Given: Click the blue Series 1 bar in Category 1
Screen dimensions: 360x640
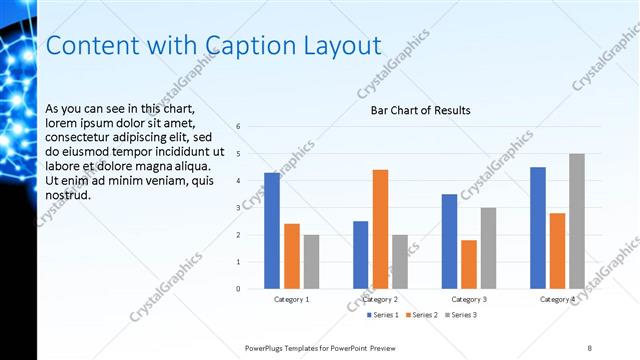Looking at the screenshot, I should click(x=272, y=231).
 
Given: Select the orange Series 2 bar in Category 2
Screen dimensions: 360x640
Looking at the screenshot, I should click(x=380, y=229).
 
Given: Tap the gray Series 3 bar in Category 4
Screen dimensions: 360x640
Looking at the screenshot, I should click(x=577, y=221).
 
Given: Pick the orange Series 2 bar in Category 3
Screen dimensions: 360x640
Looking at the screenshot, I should click(x=469, y=264).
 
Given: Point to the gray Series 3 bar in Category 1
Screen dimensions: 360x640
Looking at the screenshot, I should click(x=311, y=262).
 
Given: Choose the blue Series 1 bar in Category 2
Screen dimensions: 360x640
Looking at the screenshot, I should click(x=360, y=255).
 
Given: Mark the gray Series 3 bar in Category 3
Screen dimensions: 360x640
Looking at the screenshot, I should click(x=488, y=248).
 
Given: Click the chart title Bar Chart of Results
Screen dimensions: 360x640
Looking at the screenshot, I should click(x=413, y=111).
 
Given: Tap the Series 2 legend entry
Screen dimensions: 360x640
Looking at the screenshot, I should click(x=421, y=316).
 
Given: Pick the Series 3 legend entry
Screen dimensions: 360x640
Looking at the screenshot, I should click(x=460, y=316).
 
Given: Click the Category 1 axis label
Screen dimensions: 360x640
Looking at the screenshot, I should click(x=291, y=299).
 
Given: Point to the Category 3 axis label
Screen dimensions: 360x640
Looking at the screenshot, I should click(x=469, y=299).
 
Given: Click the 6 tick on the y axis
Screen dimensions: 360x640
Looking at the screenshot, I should click(x=238, y=127).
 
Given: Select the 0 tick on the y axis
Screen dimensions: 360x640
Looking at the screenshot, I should click(x=238, y=289).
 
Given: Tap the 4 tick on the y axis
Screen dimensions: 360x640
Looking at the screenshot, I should click(x=238, y=181).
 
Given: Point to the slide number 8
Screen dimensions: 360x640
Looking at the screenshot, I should click(x=590, y=347).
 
